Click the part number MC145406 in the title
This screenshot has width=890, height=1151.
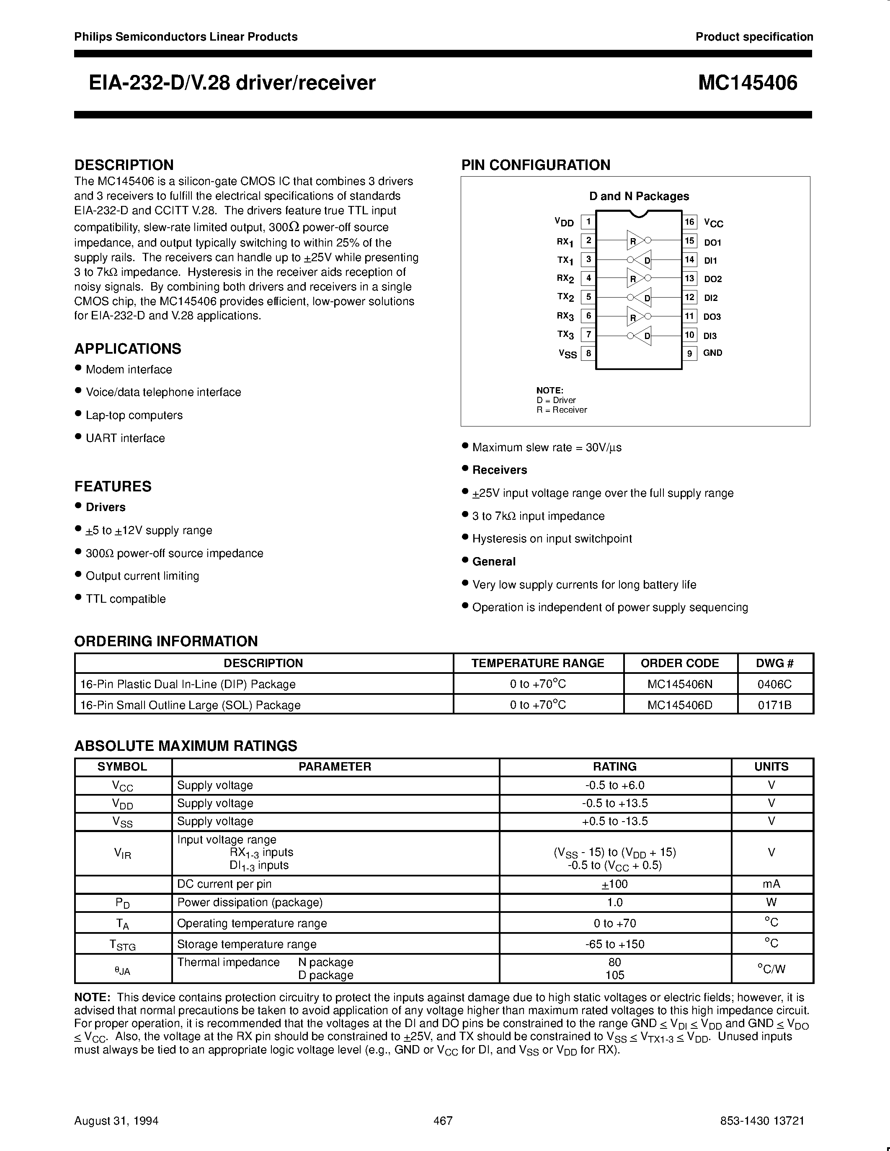click(x=748, y=83)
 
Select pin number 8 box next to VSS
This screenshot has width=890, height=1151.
click(x=588, y=353)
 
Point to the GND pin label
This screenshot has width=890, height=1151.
click(x=712, y=353)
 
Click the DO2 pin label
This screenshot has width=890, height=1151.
click(x=713, y=279)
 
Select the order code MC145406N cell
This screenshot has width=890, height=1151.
click(x=680, y=684)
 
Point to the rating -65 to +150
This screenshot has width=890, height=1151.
click(x=615, y=944)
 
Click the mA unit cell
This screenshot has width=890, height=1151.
click(x=771, y=884)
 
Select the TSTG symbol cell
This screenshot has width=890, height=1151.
click(x=122, y=944)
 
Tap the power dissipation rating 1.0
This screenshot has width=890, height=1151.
click(x=615, y=902)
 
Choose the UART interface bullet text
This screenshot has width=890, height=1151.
click(x=126, y=438)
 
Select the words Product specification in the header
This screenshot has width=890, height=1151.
click(x=754, y=37)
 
